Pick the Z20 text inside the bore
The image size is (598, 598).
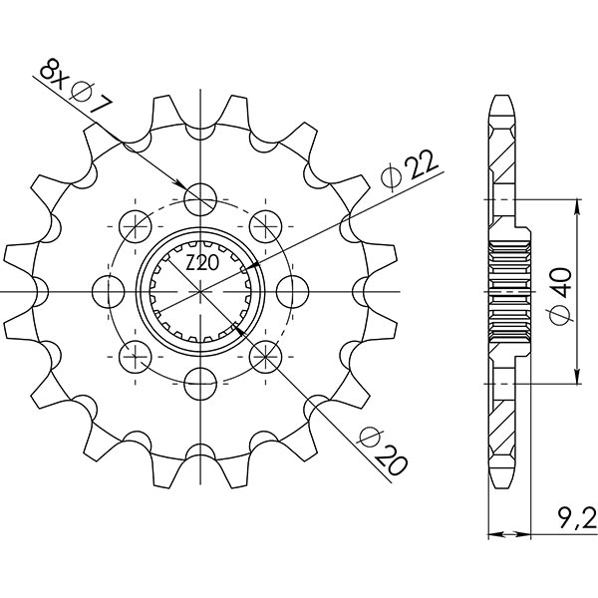pos(202,263)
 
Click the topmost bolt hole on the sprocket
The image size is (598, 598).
pos(201,196)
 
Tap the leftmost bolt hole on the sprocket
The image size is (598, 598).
pos(108,290)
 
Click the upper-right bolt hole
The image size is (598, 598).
pos(267,224)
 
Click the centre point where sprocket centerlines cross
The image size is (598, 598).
pos(201,290)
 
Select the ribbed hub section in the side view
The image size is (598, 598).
pos(508,290)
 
